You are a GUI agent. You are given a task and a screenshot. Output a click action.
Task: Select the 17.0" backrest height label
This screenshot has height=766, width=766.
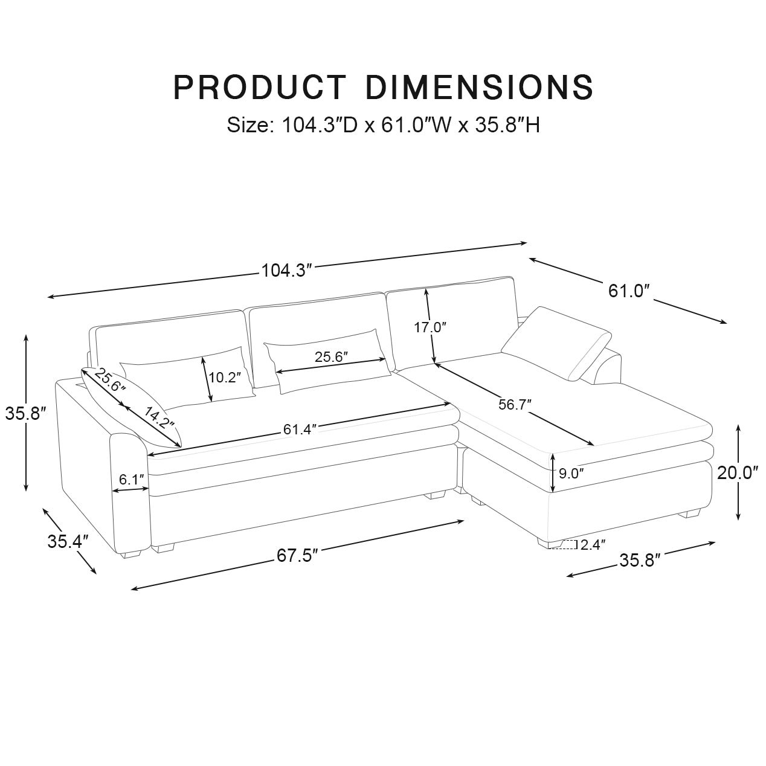pyautogui.click(x=430, y=328)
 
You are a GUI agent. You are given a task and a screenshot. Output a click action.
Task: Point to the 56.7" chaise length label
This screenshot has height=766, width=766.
pyautogui.click(x=515, y=405)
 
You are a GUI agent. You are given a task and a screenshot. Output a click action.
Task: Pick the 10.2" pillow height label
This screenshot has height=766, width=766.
pyautogui.click(x=224, y=378)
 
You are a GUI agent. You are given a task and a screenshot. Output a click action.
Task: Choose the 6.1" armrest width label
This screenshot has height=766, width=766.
pyautogui.click(x=132, y=480)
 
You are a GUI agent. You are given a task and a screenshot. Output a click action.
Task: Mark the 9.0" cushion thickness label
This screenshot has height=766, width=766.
pyautogui.click(x=571, y=474)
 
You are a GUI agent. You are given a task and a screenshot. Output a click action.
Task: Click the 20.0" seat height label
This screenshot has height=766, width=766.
pyautogui.click(x=738, y=473)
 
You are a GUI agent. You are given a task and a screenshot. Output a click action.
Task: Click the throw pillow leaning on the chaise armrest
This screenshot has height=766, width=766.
pyautogui.click(x=556, y=342)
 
